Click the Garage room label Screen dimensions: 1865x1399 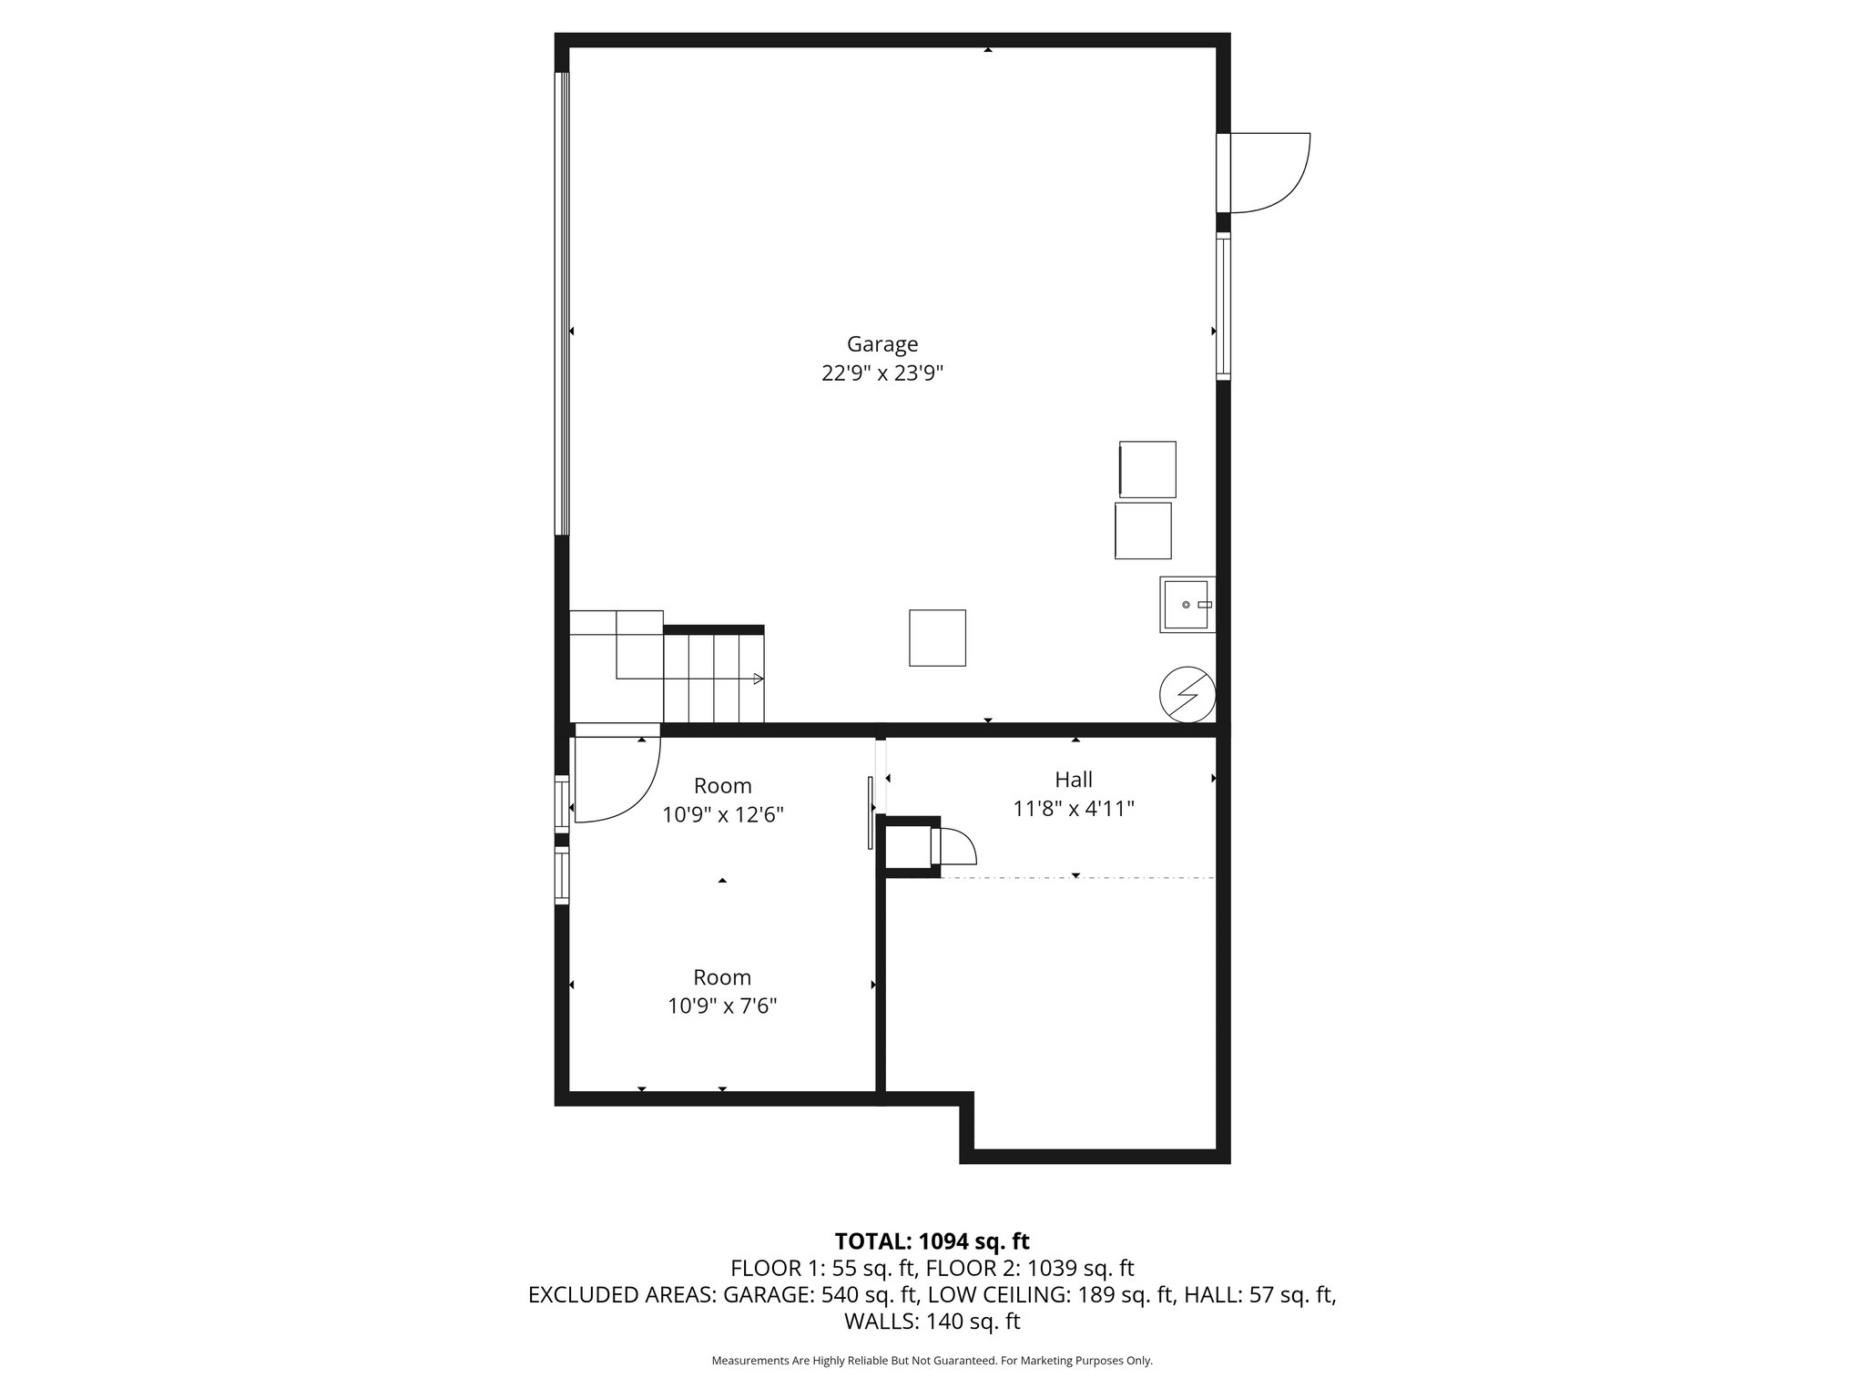click(x=882, y=344)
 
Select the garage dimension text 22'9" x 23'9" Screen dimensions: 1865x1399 click(x=882, y=373)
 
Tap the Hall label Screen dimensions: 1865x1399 click(x=1074, y=780)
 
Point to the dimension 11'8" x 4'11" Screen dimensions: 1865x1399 click(x=1074, y=809)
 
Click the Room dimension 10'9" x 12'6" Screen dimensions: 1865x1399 click(x=722, y=815)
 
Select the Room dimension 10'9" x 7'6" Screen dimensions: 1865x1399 click(x=722, y=1006)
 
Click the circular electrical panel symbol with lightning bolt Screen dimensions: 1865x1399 click(x=1187, y=695)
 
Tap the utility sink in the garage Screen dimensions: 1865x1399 click(x=1186, y=605)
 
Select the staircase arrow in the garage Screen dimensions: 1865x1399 click(x=758, y=679)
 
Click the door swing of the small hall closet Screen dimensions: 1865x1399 click(x=956, y=847)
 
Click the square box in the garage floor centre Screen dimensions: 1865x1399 click(x=937, y=638)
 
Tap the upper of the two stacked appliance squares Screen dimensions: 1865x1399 click(x=1147, y=469)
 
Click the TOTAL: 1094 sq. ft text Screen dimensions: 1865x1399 click(x=932, y=1241)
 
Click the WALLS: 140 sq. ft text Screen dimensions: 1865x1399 click(x=932, y=1322)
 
